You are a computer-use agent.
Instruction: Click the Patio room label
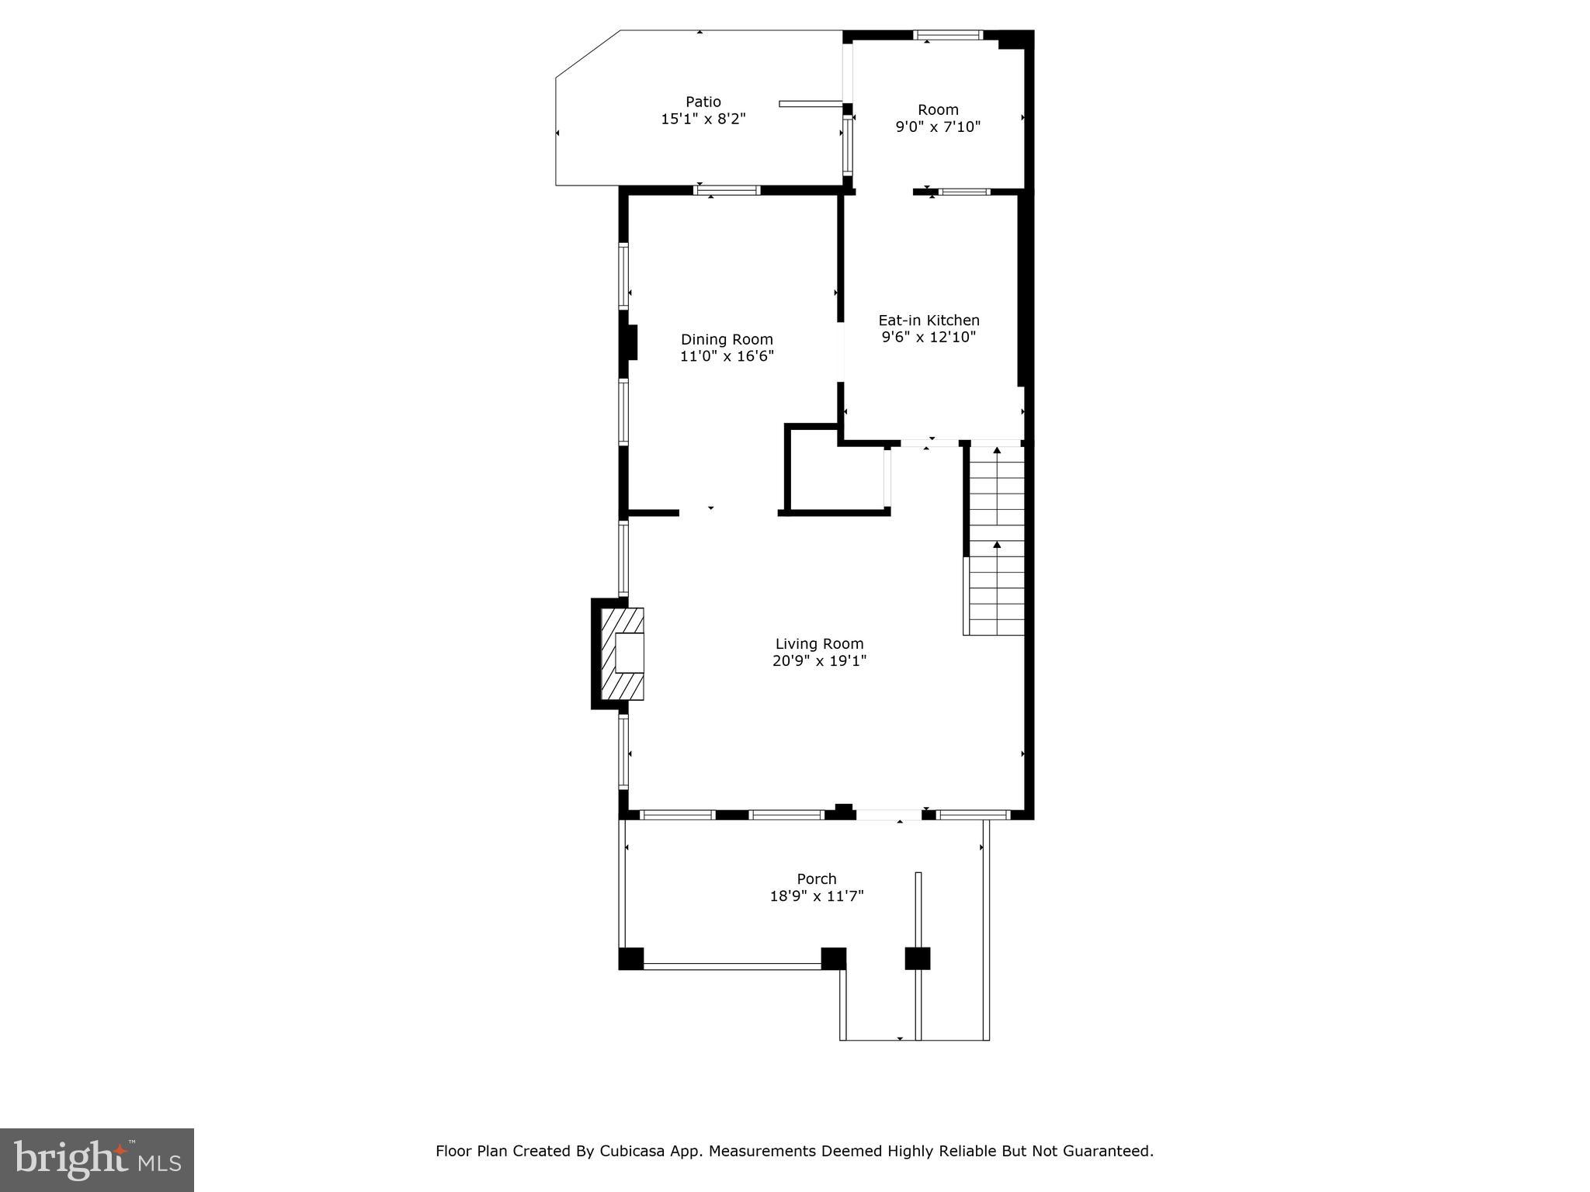(703, 102)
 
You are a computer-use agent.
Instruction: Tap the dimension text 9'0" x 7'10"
(938, 126)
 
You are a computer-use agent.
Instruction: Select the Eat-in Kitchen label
(929, 320)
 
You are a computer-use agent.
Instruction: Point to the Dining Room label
(727, 339)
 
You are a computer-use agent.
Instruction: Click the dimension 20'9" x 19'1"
(819, 660)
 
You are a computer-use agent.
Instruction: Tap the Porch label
(817, 878)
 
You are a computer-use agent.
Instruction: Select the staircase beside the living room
(995, 539)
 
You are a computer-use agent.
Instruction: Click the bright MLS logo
(96, 1159)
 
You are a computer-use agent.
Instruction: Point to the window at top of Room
(948, 35)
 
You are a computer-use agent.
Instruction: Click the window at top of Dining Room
(727, 190)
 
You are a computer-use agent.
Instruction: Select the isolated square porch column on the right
(917, 958)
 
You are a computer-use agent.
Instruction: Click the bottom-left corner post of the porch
(630, 958)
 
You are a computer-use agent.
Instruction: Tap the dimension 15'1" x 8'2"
(703, 119)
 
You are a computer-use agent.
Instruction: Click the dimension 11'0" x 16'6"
(727, 356)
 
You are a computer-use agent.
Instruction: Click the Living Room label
(819, 643)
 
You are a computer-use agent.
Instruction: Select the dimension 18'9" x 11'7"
(817, 896)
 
